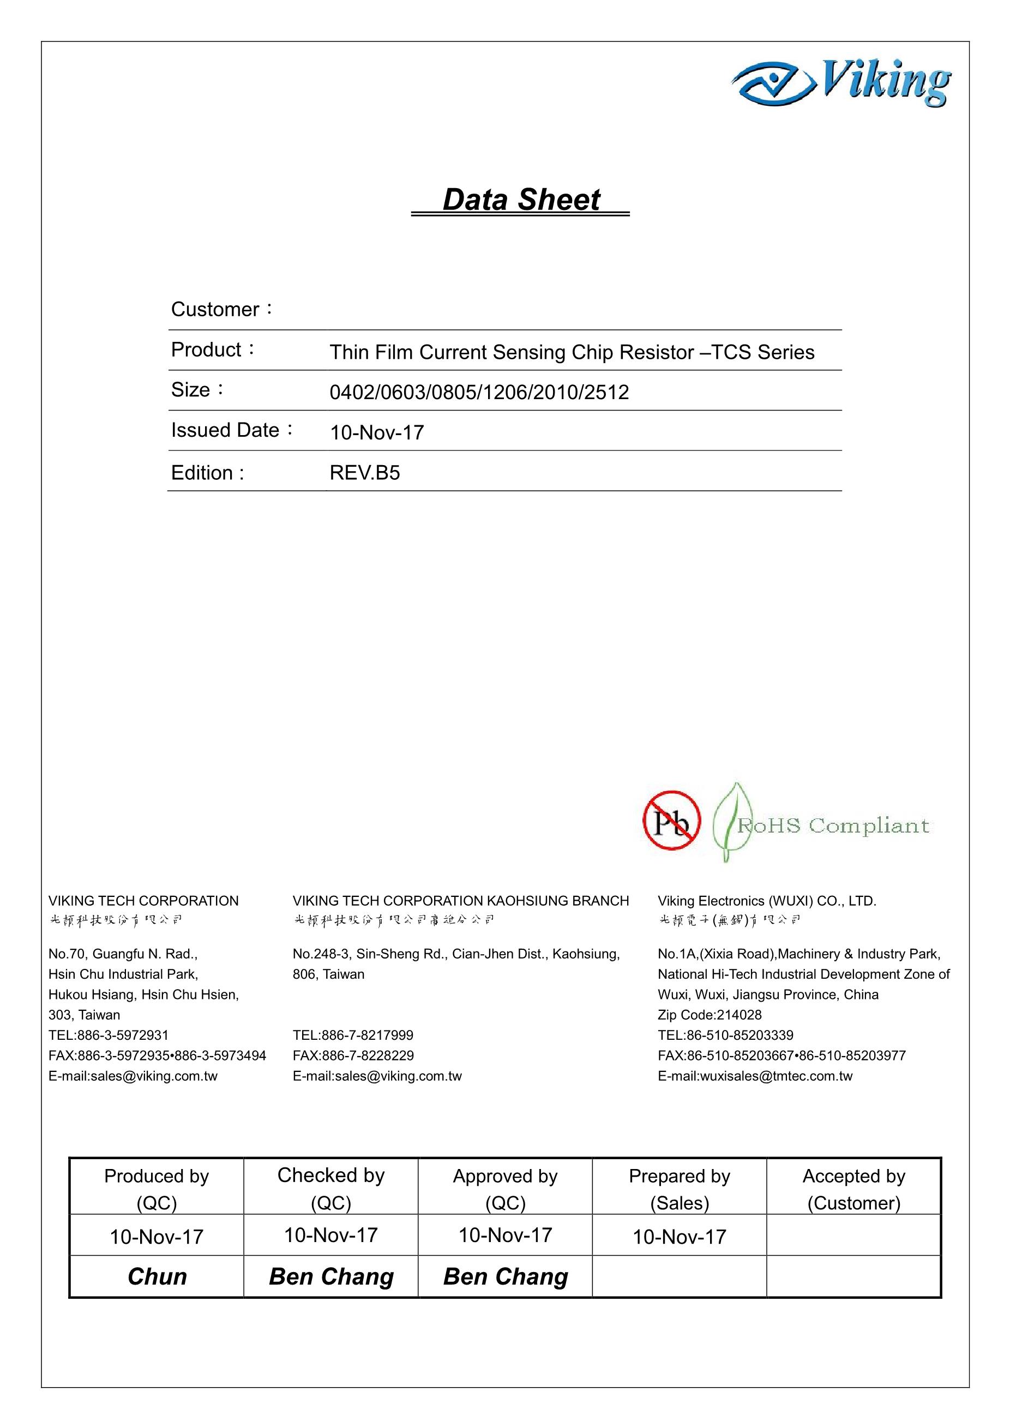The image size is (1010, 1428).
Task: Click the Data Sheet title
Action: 521,200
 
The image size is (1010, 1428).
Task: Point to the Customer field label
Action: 221,309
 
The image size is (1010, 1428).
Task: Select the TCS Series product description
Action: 572,352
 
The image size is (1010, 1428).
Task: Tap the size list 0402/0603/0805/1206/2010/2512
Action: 479,393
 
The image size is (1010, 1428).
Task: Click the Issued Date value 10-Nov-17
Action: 377,433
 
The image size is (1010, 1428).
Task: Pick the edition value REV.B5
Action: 364,473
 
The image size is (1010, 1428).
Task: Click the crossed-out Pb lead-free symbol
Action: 672,821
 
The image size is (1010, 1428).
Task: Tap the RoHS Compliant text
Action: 832,826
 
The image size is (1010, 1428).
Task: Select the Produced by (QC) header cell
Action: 157,1189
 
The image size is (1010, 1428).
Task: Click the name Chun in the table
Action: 157,1277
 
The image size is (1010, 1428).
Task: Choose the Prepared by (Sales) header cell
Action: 679,1189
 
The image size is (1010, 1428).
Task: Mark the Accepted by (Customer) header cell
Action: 853,1189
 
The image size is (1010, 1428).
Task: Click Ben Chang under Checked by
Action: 331,1277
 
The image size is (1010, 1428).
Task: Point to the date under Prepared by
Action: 679,1237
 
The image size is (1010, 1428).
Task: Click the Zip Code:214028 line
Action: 710,1015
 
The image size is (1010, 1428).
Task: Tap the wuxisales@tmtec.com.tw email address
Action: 755,1076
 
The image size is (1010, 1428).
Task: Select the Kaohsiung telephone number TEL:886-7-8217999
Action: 353,1035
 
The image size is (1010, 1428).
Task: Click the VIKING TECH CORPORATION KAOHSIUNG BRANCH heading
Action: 461,901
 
